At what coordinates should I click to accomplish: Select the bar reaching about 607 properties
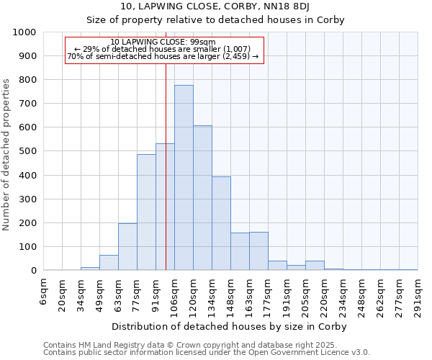[202, 198]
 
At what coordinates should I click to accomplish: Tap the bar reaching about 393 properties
[221, 223]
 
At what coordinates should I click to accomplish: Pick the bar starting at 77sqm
[146, 212]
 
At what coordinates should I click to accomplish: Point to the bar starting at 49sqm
[109, 263]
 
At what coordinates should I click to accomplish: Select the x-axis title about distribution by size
[230, 326]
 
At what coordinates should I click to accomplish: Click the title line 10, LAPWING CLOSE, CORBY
[215, 6]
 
